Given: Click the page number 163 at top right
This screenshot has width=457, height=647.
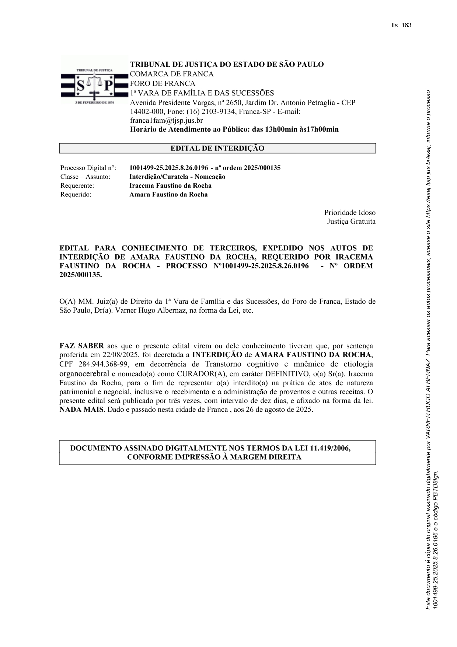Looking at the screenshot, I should pos(407,25).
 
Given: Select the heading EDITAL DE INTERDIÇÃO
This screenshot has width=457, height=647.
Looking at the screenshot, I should pos(217,148).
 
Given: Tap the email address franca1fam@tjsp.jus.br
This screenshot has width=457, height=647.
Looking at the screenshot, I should pos(166,120).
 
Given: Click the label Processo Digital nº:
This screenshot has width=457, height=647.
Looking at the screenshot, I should pos(88,168).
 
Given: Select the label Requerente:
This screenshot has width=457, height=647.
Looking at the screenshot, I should pos(77,185).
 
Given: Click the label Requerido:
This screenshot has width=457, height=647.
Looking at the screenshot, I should pos(76,194).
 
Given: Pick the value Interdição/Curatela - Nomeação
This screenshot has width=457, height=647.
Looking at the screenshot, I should pos(177,177).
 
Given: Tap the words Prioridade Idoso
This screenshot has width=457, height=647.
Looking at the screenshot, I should pos(350,212).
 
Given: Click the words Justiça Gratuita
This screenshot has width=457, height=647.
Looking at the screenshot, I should pos(351,221).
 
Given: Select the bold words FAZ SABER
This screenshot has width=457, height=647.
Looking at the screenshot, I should pos(81,346).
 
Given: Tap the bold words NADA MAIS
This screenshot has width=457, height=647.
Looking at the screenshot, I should pos(81,410).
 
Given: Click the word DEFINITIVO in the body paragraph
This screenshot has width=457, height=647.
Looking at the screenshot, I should pos(286,373).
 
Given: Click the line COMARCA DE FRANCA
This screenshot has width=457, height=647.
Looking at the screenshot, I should pos(171,74).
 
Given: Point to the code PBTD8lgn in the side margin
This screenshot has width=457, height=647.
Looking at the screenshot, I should pos(435,486).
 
